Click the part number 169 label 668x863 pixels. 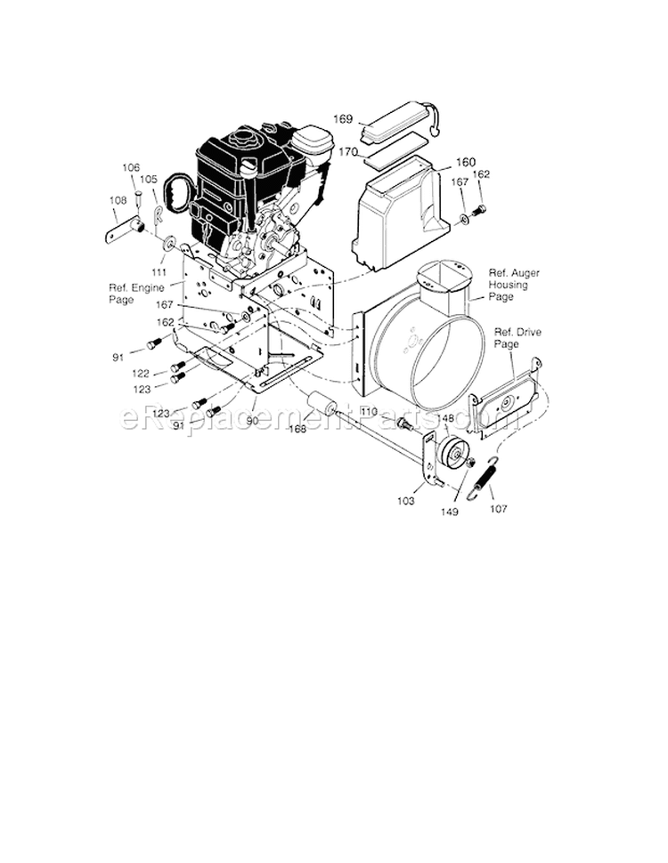pos(343,118)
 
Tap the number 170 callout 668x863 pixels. pos(347,152)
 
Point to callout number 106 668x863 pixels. pos(131,167)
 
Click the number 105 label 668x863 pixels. pos(149,179)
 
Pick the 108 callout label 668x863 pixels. pos(118,200)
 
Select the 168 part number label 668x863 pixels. pos(297,429)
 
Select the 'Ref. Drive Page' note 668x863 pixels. pos(517,337)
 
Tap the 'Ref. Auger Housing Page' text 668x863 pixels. pos(514,285)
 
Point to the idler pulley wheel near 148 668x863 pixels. pos(457,451)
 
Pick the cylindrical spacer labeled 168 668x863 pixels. pos(321,408)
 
